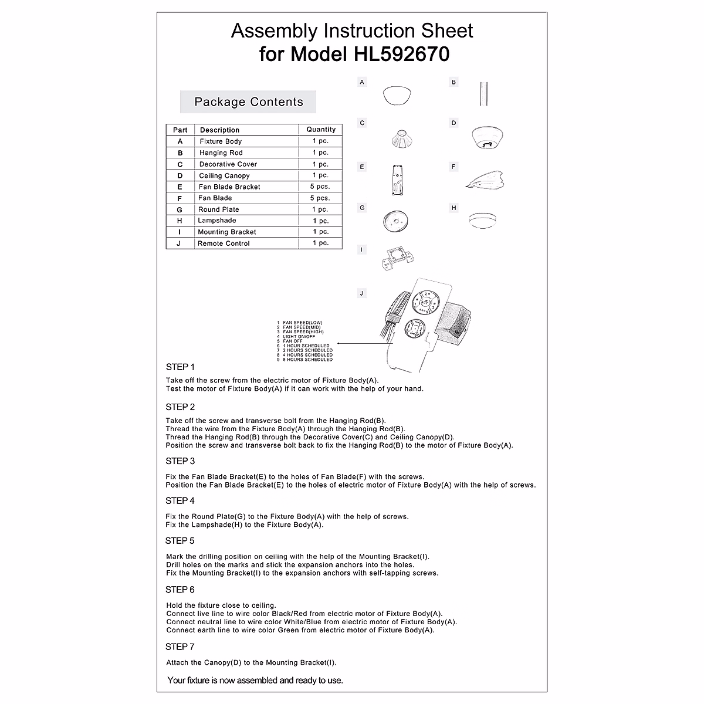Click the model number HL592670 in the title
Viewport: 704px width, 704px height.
[402, 54]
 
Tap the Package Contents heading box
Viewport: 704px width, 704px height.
[248, 102]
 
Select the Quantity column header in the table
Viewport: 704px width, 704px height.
[320, 130]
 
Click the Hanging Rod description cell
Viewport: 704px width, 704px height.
[221, 153]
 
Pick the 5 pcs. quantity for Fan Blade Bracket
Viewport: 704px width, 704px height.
[320, 187]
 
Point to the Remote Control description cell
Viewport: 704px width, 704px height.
[224, 243]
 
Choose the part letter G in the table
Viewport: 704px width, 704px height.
[180, 209]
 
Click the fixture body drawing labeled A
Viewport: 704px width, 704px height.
[397, 96]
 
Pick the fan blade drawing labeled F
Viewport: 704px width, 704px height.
[485, 180]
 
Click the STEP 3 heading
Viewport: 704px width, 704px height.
[180, 461]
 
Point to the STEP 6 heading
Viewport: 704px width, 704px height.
[180, 590]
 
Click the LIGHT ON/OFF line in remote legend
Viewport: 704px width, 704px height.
[299, 337]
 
